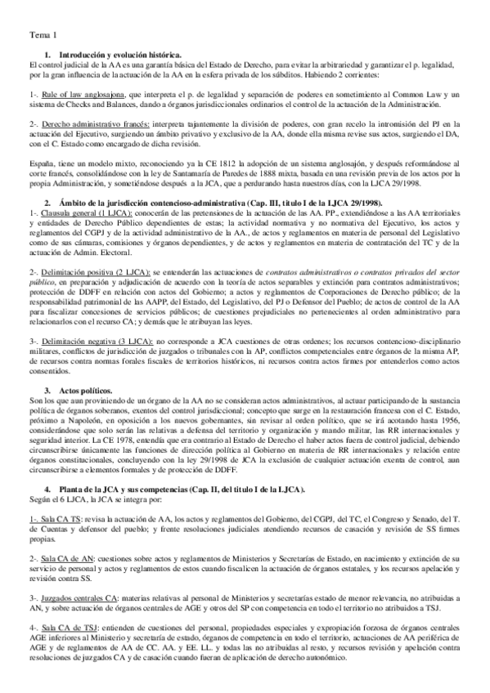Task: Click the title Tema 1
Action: click(x=43, y=35)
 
